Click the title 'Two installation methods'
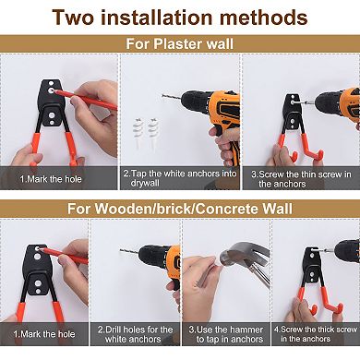pos(180,17)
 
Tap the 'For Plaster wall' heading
pos(180,44)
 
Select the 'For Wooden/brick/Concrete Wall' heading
pos(180,209)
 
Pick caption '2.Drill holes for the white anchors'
pos(134,333)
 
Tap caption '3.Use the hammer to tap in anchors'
pos(224,333)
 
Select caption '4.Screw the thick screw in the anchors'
pos(315,333)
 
